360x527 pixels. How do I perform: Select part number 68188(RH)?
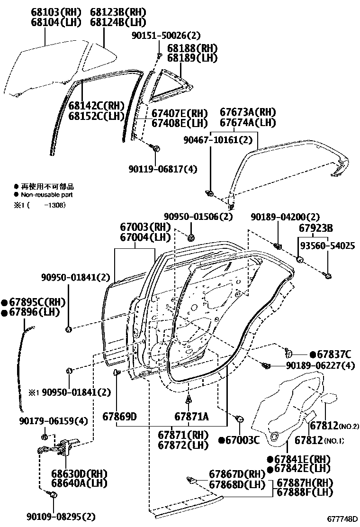point(192,48)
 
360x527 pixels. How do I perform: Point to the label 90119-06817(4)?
point(162,169)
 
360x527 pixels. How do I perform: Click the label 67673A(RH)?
point(248,112)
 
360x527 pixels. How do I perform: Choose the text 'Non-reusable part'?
point(46,194)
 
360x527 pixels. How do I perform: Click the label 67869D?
point(119,417)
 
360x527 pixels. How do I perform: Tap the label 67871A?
point(191,417)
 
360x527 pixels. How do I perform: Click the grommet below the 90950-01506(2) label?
point(192,236)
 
